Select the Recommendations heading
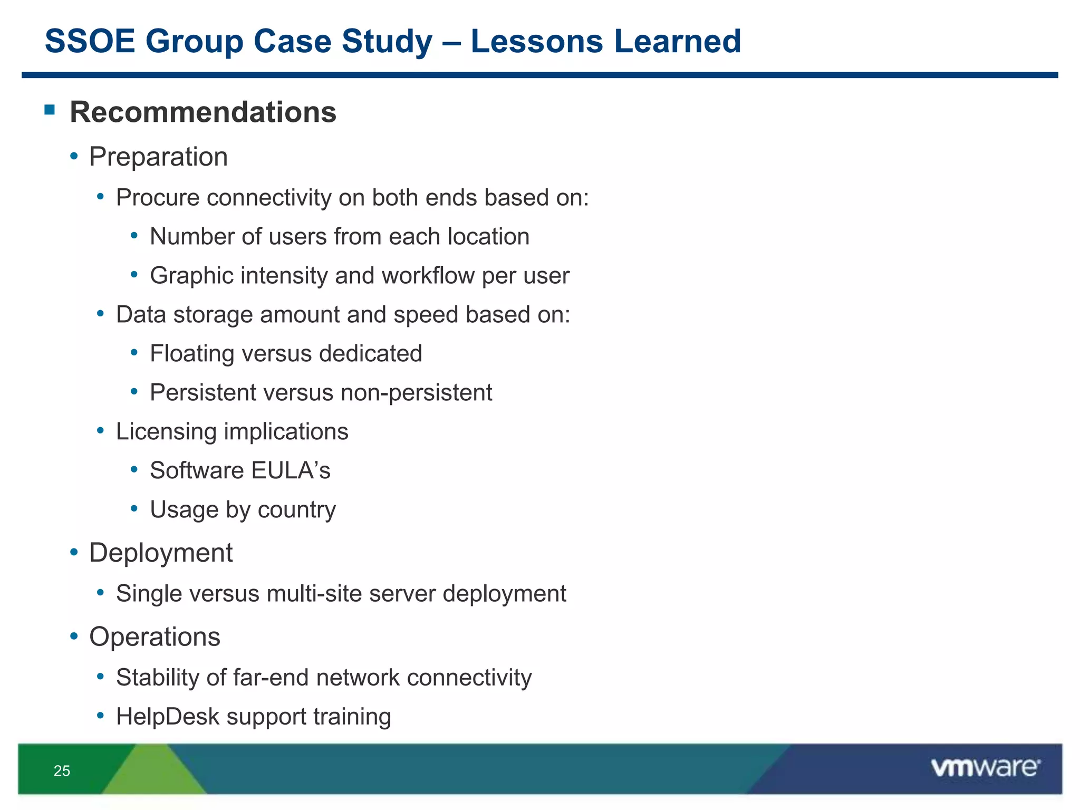(202, 112)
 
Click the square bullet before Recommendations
(50, 110)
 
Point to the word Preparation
(158, 157)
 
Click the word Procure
(158, 198)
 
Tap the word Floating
(191, 353)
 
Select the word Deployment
(160, 553)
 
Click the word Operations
(155, 637)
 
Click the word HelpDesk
(167, 717)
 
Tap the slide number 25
(62, 771)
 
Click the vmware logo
(985, 768)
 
